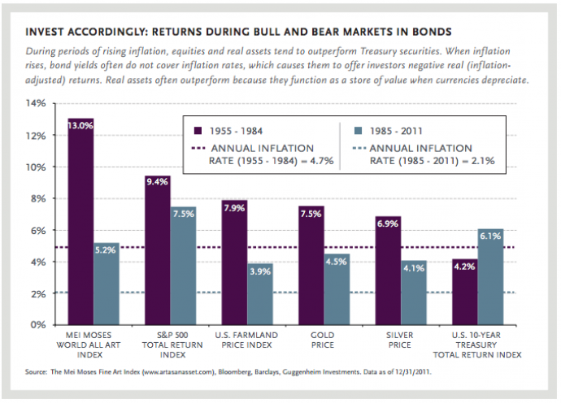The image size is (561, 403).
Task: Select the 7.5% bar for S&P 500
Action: point(183,265)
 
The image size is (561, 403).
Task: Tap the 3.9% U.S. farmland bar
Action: point(260,293)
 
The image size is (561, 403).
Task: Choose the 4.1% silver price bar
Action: point(415,292)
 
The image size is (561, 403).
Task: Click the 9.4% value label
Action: point(157,182)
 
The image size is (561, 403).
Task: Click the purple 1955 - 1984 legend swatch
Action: point(195,130)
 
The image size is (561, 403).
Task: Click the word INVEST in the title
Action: point(47,32)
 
